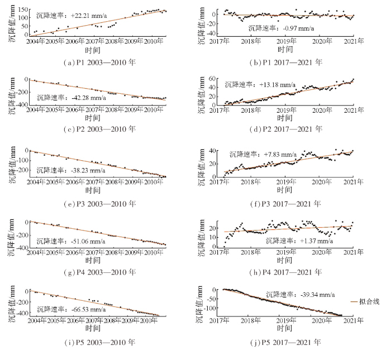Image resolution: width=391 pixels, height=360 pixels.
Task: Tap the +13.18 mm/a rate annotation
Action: [x=260, y=84]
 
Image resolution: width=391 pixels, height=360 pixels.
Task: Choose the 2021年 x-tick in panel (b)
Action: [x=354, y=41]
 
